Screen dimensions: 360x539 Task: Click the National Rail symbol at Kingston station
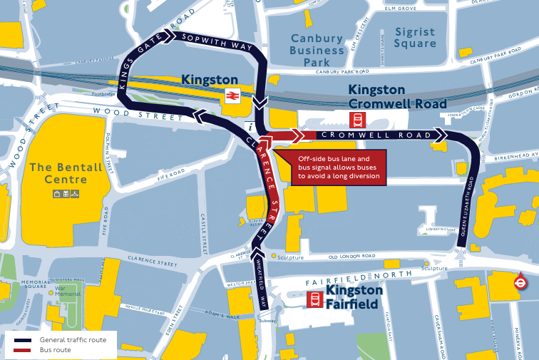coord(232,96)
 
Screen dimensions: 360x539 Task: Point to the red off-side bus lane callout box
coord(338,167)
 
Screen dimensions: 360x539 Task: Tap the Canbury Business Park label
coord(317,51)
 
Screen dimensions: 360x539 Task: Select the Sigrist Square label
coord(415,38)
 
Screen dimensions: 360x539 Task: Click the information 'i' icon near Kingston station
coord(249,126)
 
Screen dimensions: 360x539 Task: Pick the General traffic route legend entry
coord(73,340)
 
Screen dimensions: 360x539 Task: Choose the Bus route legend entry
coord(55,350)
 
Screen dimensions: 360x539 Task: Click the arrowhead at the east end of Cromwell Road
coord(441,135)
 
